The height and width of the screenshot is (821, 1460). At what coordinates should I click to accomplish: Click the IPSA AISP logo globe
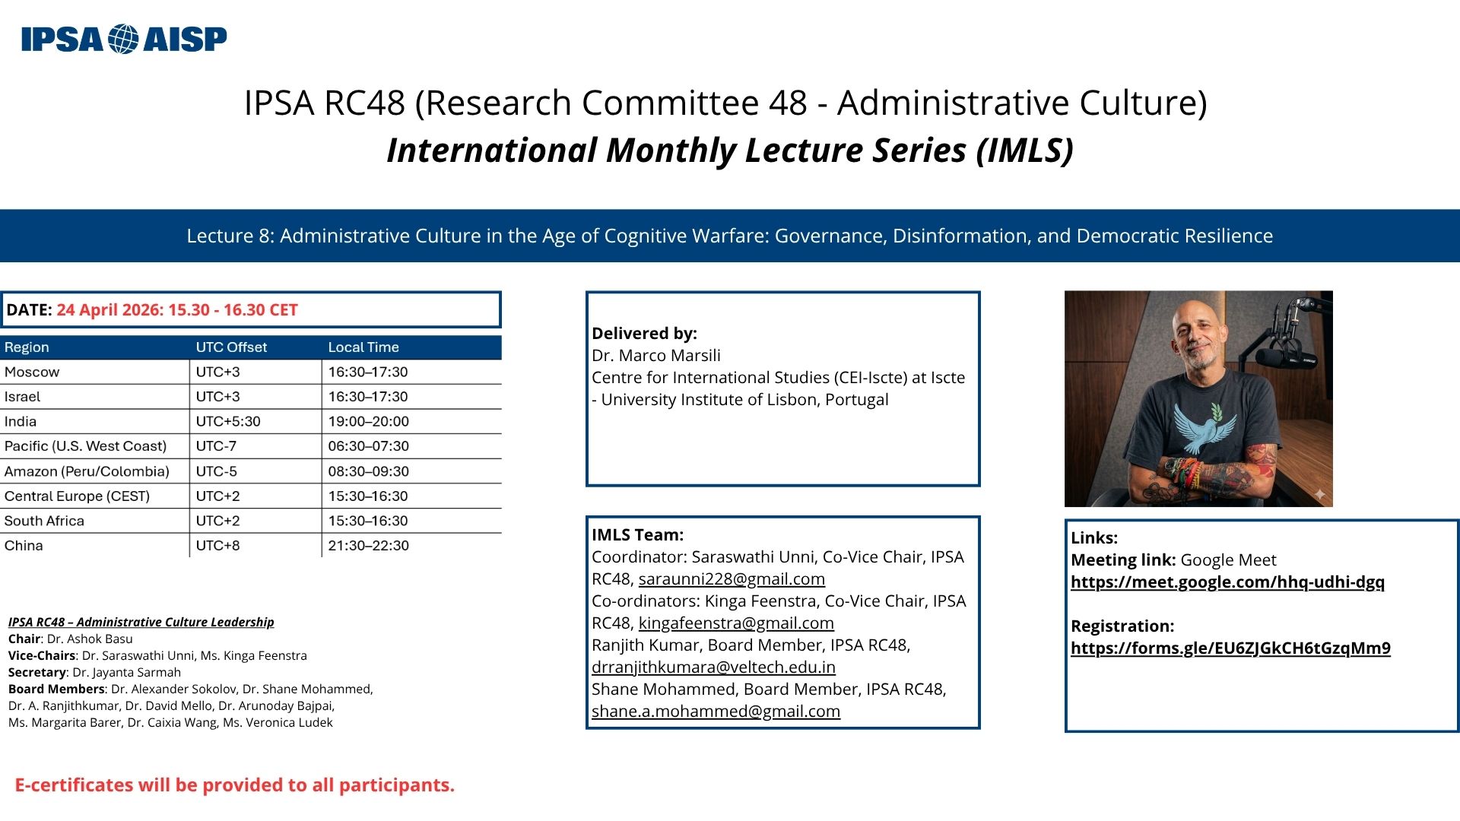tap(123, 39)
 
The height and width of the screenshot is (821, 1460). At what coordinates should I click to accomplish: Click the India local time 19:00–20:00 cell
tap(369, 421)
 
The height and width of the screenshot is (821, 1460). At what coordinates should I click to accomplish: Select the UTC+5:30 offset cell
tap(228, 421)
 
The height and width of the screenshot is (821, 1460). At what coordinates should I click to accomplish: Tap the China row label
tap(24, 545)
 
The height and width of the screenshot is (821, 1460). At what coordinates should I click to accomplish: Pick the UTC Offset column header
tap(231, 347)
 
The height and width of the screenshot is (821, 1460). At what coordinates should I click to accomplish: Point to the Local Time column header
tap(363, 347)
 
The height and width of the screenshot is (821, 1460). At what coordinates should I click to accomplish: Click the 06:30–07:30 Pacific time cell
tap(369, 446)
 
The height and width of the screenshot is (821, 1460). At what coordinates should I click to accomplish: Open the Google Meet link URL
tap(1227, 582)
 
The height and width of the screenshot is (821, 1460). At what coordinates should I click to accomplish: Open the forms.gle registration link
tap(1230, 648)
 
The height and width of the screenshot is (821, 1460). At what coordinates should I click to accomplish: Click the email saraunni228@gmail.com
tap(732, 579)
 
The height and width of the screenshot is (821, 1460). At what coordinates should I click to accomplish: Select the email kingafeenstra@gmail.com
tap(736, 623)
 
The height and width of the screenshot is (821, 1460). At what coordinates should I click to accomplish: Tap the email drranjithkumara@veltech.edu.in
tap(713, 667)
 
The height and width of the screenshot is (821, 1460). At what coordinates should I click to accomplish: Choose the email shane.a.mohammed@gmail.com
tap(716, 712)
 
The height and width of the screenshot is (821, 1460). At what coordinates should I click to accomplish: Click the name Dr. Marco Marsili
tap(656, 356)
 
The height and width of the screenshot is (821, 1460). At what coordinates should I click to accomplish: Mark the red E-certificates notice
tap(235, 785)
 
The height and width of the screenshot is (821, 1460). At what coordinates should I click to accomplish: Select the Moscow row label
tap(32, 372)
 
